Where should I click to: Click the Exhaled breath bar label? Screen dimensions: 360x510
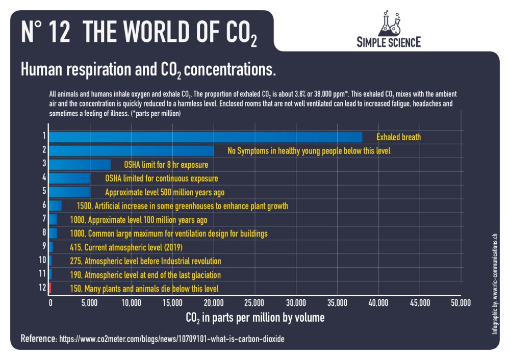398,137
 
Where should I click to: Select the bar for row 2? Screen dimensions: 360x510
132,151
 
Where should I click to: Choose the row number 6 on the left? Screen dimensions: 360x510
44,205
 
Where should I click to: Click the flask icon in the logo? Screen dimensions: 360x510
389,23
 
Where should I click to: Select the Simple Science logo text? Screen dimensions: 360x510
389,42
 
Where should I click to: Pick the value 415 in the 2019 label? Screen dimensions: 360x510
75,247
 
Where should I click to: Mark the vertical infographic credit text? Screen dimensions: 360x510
495,284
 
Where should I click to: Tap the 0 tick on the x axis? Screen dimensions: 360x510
50,303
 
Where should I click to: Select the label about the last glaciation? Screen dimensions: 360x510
145,275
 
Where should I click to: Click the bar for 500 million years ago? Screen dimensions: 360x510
70,192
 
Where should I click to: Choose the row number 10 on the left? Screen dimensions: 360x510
43,261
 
